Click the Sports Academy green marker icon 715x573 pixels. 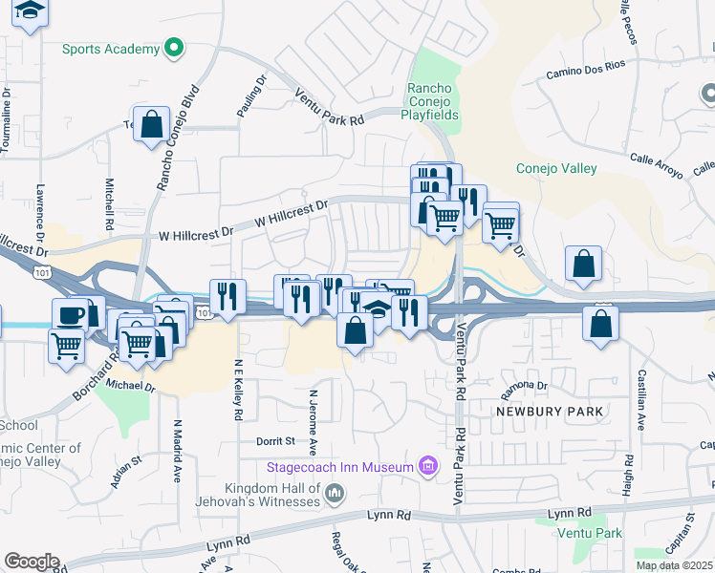click(174, 47)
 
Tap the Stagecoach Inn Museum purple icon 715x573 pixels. click(427, 467)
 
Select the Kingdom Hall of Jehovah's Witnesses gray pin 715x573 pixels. click(334, 493)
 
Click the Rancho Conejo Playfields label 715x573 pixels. click(434, 100)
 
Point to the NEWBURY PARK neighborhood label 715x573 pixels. click(550, 411)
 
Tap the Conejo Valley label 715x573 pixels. click(556, 169)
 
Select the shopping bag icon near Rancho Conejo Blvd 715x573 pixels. click(151, 123)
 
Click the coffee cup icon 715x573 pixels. click(70, 315)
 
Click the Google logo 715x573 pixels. click(32, 562)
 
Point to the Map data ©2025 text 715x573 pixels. click(674, 565)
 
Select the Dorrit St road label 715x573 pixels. click(274, 442)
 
